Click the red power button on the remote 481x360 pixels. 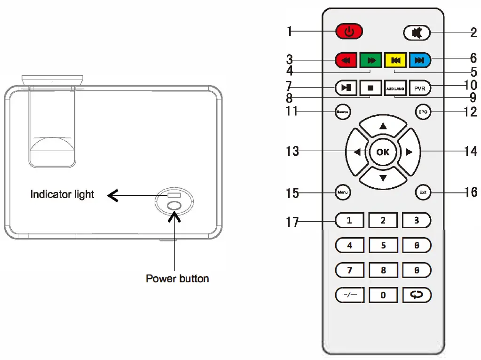pyautogui.click(x=349, y=32)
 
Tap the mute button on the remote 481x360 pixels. pyautogui.click(x=416, y=32)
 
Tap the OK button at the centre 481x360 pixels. pyautogui.click(x=383, y=152)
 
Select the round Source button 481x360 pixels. pyautogui.click(x=342, y=112)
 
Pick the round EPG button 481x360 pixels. pyautogui.click(x=423, y=112)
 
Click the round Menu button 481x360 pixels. pyautogui.click(x=342, y=192)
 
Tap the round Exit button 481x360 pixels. pyautogui.click(x=423, y=192)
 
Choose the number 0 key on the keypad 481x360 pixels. pyautogui.click(x=383, y=295)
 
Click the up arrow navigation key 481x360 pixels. pyautogui.click(x=383, y=126)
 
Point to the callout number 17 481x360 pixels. pyautogui.click(x=292, y=222)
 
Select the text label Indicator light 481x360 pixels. pyautogui.click(x=62, y=194)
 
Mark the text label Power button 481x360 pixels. pyautogui.click(x=177, y=279)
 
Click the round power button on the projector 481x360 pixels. pyautogui.click(x=174, y=206)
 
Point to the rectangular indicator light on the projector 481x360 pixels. pyautogui.click(x=174, y=195)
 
